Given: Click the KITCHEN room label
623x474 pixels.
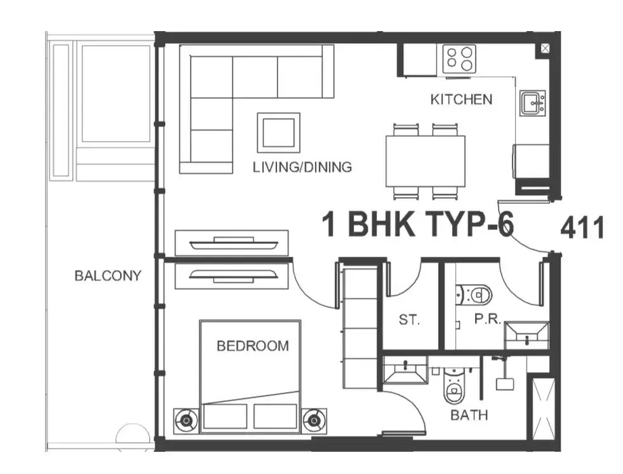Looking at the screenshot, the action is click(x=461, y=99).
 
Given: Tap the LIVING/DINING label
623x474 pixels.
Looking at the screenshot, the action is click(x=302, y=167).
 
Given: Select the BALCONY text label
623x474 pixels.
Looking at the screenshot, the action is click(x=108, y=276).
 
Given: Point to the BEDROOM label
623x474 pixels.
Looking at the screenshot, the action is click(x=253, y=346).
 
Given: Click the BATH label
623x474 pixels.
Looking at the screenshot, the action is click(x=469, y=415).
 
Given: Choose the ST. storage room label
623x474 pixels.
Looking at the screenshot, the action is click(x=409, y=320).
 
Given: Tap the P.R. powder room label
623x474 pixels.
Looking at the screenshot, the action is click(x=488, y=319).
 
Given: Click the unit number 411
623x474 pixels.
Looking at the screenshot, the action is click(x=582, y=228).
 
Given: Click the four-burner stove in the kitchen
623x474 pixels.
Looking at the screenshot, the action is click(x=459, y=58).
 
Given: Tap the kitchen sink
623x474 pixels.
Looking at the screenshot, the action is click(x=532, y=103).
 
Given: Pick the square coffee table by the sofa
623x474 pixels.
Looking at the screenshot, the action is click(x=279, y=133).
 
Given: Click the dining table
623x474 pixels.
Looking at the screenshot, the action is click(x=425, y=161).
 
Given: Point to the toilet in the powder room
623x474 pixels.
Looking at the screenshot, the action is click(x=474, y=295).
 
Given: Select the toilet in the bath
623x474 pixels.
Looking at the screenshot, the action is click(x=453, y=385).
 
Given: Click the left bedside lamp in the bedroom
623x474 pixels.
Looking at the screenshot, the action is click(x=186, y=421).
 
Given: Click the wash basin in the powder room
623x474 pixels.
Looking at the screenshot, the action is click(x=527, y=335).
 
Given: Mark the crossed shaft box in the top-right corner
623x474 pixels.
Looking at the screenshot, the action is click(x=545, y=49).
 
